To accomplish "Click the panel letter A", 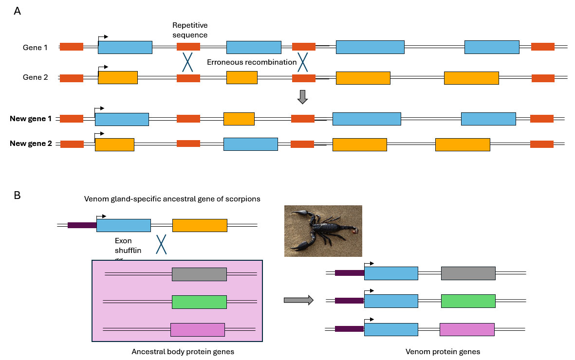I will tap(18, 11).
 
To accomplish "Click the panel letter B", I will tap(18, 195).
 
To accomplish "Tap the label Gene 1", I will tap(36, 48).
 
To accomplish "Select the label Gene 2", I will tap(36, 77).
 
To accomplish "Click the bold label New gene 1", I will tap(31, 119).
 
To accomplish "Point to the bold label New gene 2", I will tap(31, 144).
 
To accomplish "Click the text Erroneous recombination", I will tap(251, 62).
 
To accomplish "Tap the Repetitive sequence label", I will tap(190, 30).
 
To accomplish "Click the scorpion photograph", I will tap(323, 231).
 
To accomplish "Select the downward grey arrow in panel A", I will tap(302, 96).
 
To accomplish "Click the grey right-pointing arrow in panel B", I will tap(298, 301).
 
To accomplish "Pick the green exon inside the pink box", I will tap(199, 302).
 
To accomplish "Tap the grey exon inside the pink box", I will tap(199, 274).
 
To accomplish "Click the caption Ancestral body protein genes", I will tap(180, 351).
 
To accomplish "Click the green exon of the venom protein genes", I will tap(468, 301).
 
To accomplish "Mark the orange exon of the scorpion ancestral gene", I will tap(200, 225).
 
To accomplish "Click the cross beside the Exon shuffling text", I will tap(161, 245).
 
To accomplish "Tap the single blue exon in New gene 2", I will tap(250, 144).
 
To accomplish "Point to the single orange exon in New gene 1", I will tap(239, 119).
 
